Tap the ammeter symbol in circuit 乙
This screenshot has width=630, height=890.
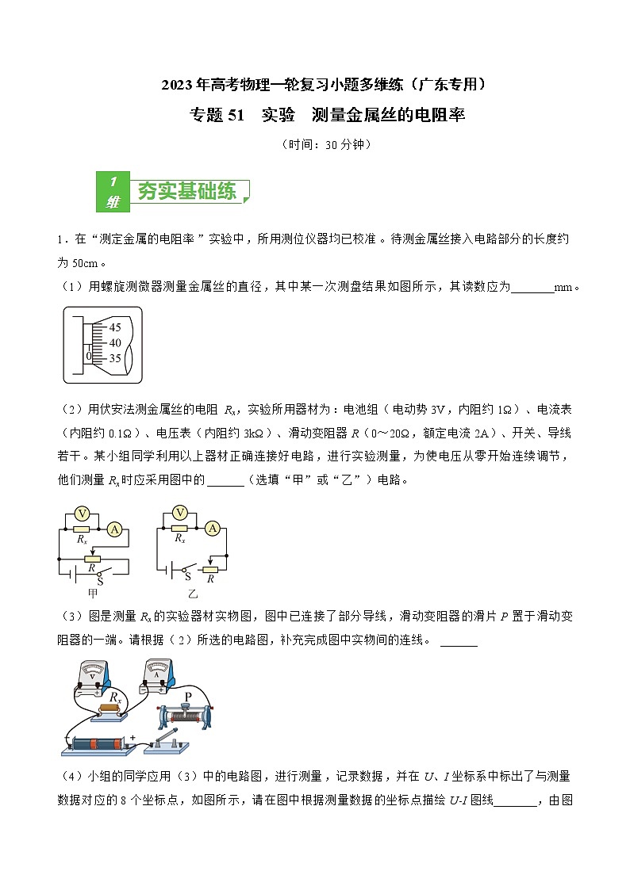212,528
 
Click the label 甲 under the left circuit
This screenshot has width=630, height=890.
93,593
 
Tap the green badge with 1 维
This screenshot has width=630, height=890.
112,191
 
